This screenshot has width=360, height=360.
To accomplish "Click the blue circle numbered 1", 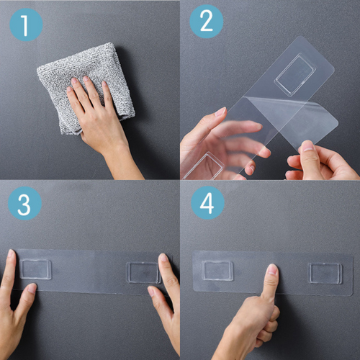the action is pos(26,24).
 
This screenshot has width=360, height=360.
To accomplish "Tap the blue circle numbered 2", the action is pos(207,21).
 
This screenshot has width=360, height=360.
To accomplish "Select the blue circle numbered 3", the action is pos(24,204).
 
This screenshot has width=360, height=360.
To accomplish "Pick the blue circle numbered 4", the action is pos(207,203).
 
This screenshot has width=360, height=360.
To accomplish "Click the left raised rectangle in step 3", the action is pos(35,269).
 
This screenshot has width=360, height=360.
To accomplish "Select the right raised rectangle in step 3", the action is pos(143,272).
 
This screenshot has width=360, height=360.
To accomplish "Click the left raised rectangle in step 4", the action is pos(218,271).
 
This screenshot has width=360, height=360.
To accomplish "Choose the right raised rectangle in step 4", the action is pos(325,274).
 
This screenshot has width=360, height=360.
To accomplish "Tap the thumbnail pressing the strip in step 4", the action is pos(272,269).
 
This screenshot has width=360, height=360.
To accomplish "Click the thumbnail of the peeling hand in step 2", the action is pos(308,146).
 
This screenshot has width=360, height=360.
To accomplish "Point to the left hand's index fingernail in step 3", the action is pos(11,253).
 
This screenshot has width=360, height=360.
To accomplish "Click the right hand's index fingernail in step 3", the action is pos(163,257).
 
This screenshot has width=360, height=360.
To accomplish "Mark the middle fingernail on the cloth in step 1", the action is pos(86,78).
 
